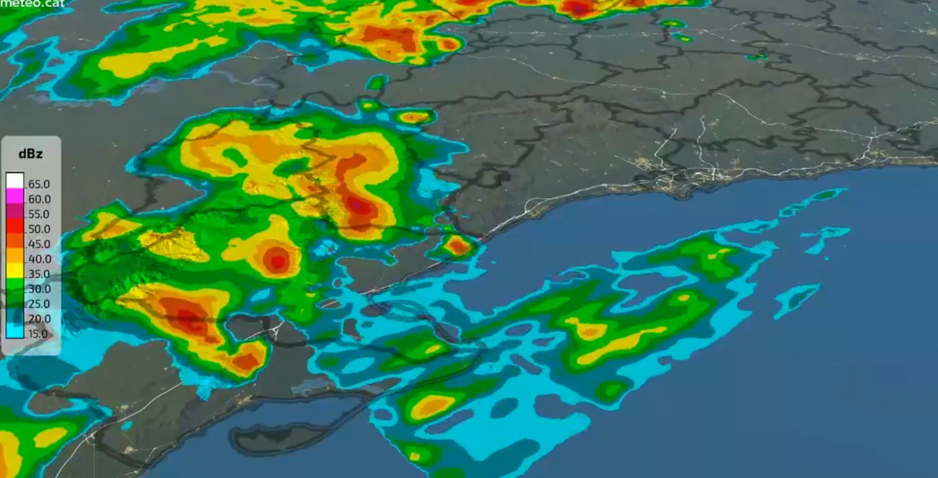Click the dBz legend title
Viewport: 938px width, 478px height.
point(30,154)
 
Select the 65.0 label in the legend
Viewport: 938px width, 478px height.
point(39,184)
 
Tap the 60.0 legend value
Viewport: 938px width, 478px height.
point(39,199)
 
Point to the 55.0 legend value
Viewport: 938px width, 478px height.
point(39,214)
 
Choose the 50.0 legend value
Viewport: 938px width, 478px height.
point(39,229)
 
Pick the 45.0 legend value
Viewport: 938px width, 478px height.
point(39,244)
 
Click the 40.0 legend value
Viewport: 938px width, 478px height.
point(39,259)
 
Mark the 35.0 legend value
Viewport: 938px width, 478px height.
point(39,274)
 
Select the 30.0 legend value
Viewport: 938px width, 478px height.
point(39,289)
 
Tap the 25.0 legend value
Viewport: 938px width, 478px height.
point(39,304)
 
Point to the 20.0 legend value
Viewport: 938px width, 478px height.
point(39,318)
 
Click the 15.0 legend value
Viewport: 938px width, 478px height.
point(38,334)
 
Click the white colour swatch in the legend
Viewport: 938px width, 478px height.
point(15,181)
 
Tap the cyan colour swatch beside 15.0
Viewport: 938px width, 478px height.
point(15,332)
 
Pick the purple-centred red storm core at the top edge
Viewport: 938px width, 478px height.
point(578,8)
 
